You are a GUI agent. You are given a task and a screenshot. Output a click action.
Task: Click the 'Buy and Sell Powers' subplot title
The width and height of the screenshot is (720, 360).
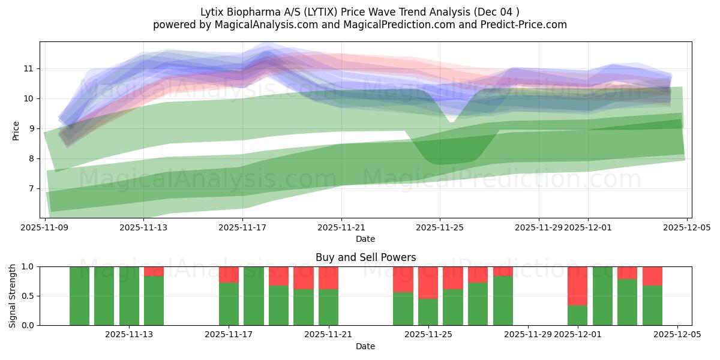coord(365,257)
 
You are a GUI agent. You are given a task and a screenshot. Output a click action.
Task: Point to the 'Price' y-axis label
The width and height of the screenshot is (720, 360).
coord(16,130)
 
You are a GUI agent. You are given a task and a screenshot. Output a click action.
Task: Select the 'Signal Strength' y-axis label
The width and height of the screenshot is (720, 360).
coord(13,296)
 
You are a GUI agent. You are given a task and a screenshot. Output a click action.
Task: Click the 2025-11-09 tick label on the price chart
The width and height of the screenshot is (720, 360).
coord(45,227)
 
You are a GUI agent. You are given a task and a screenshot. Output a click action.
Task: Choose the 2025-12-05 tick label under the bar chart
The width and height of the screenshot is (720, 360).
coord(677,334)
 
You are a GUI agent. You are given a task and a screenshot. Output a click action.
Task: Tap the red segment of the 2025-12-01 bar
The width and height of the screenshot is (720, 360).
coord(577,286)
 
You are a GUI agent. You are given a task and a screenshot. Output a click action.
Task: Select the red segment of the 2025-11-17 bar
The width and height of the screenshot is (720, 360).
coord(229,274)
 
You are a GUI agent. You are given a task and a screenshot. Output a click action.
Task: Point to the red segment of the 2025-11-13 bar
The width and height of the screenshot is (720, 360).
coord(154,271)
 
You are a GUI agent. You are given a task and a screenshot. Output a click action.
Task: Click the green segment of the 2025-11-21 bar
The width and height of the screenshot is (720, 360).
coord(328,307)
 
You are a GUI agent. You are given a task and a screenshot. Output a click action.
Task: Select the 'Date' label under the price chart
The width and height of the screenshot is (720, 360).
coord(365,239)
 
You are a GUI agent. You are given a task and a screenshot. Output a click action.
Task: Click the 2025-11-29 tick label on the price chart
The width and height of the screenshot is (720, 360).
coord(538,227)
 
